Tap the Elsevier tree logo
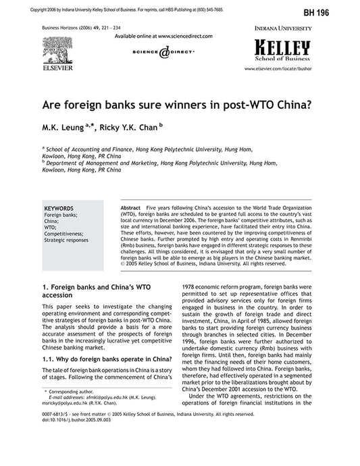point(57,50)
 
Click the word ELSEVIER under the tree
point(57,68)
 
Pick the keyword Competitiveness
point(65,233)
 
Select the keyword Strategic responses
point(66,240)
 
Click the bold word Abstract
point(130,208)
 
